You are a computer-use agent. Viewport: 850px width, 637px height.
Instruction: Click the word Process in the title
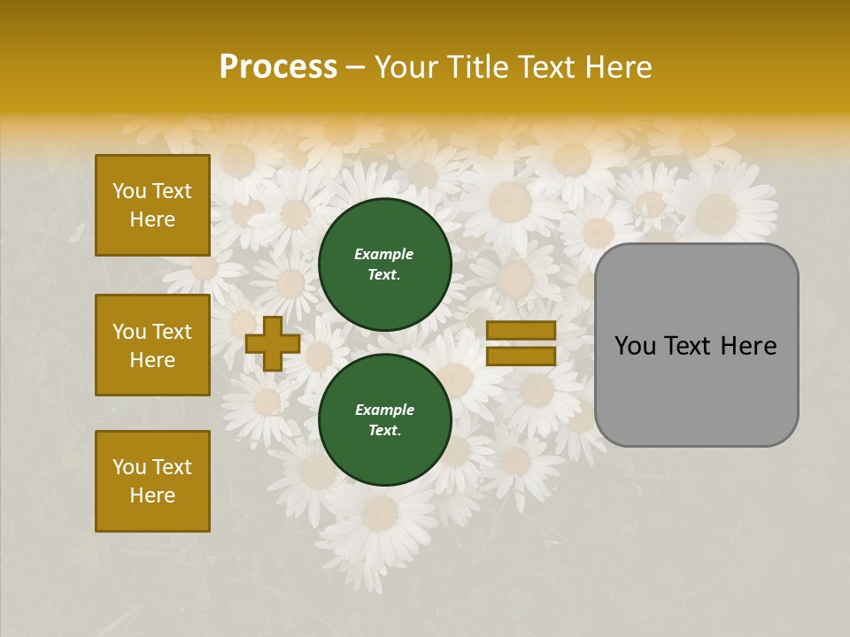(278, 67)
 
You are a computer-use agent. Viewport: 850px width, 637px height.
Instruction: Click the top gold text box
(152, 205)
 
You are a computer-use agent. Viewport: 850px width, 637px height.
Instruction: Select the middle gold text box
(152, 345)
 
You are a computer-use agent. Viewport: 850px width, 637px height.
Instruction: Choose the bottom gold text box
(152, 481)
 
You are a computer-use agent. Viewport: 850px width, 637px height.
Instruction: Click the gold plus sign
(273, 343)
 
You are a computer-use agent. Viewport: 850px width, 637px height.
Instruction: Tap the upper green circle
(384, 264)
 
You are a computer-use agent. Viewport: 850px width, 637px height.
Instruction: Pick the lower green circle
(384, 419)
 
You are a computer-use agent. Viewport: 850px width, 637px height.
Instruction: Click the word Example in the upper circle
(384, 254)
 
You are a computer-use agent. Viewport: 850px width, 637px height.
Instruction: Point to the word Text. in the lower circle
(384, 431)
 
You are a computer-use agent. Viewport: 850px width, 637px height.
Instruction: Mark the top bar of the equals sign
(521, 331)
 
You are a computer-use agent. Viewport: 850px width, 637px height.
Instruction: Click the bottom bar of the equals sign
(521, 356)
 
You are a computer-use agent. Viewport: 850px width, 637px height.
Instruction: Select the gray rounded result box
(696, 345)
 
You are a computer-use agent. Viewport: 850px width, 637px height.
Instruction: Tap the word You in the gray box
(635, 346)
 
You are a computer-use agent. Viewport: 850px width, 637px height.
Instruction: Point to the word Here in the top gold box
(152, 219)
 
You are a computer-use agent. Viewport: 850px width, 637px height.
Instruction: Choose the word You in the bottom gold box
(129, 467)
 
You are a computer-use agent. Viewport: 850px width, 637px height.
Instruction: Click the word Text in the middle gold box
(172, 332)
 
